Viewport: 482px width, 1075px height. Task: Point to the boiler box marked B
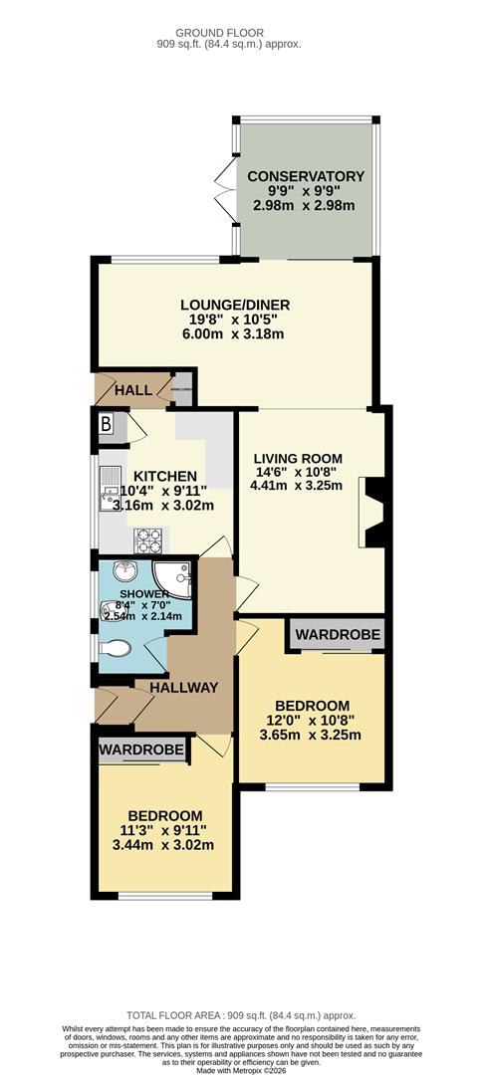107,423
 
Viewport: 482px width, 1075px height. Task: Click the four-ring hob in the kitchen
149,539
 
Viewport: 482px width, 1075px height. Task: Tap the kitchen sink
110,488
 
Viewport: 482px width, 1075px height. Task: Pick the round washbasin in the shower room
124,574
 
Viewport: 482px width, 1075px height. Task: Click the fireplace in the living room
370,512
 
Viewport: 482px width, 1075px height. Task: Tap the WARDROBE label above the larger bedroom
336,634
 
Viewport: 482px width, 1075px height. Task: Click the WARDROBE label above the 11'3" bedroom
142,750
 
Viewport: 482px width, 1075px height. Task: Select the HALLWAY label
183,687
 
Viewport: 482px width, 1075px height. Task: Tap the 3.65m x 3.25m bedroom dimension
312,736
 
